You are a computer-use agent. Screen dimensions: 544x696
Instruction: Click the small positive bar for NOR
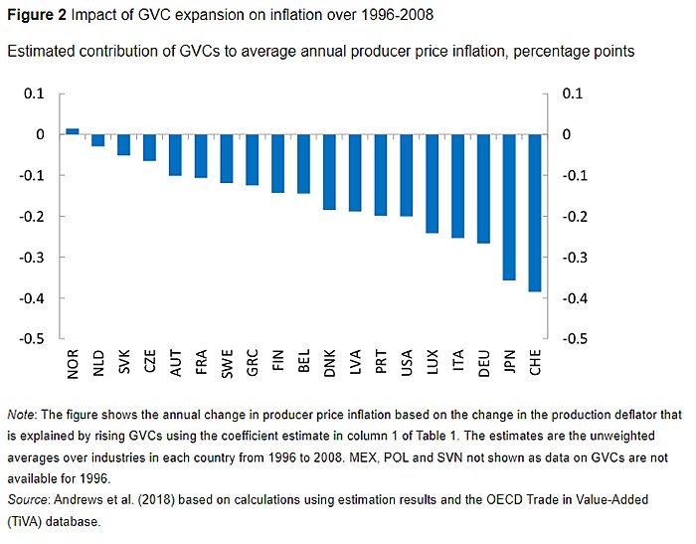(x=73, y=131)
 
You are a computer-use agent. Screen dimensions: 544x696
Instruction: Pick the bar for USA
(x=407, y=175)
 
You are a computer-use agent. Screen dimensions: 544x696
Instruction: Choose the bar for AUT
(x=175, y=155)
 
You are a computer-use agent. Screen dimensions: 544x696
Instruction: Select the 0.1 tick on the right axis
(x=574, y=93)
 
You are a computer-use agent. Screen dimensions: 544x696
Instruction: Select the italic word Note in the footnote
(x=20, y=413)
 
